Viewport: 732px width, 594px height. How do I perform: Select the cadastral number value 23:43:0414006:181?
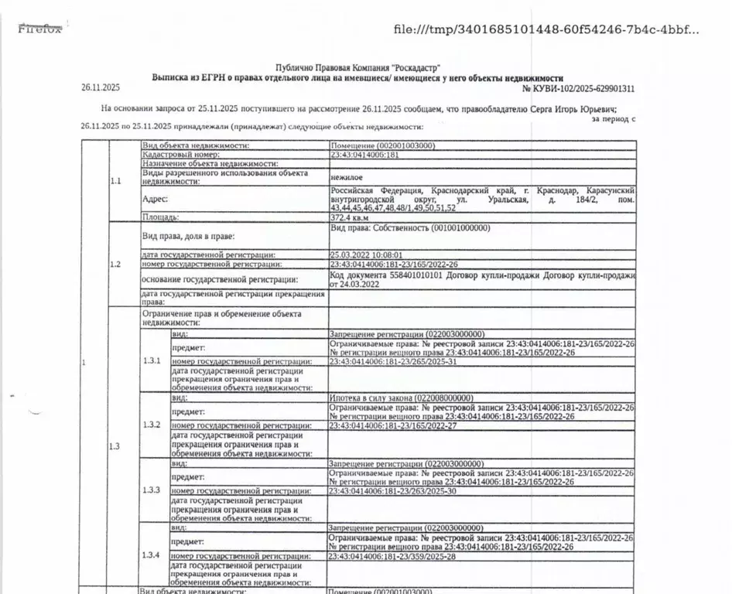pos(364,155)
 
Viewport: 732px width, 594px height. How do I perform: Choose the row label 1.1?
pos(116,182)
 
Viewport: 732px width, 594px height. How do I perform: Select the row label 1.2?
pos(116,265)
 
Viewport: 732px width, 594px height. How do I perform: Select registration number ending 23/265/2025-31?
pos(393,361)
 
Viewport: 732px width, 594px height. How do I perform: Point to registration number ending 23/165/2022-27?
pos(393,426)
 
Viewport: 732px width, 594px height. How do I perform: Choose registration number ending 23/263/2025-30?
pos(393,491)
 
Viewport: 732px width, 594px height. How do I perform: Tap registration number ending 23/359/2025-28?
pos(393,556)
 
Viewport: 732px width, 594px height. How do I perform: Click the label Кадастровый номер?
pos(176,155)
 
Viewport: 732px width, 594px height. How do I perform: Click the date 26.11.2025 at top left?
pos(97,88)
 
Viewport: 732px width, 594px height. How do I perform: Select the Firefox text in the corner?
pos(39,29)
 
